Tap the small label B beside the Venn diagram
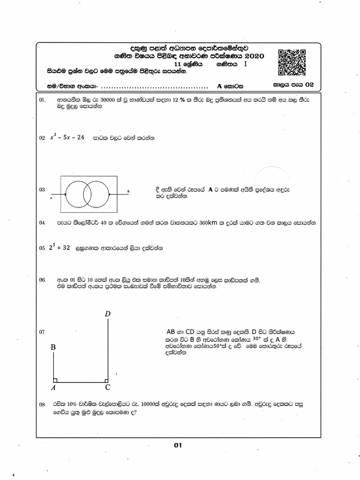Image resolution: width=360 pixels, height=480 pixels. (127, 191)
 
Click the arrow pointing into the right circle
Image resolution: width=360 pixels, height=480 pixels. (114, 193)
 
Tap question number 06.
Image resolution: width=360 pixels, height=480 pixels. (42, 279)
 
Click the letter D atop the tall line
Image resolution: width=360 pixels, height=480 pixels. (108, 313)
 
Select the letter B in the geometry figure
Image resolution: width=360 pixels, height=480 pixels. (53, 348)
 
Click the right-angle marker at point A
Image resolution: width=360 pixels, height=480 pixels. (55, 380)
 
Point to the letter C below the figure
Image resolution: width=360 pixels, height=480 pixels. (108, 388)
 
